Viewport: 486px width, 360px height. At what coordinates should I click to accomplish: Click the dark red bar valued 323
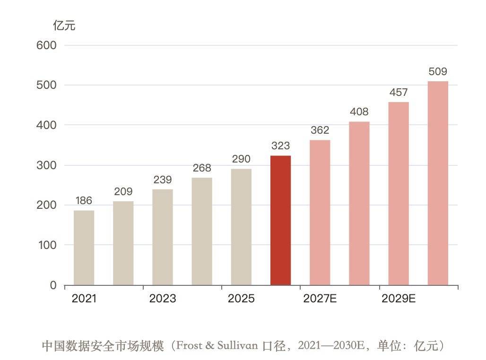pos(280,220)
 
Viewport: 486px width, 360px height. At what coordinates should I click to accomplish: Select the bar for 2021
pos(84,248)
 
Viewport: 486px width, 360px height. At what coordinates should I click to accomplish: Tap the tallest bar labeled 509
pos(438,183)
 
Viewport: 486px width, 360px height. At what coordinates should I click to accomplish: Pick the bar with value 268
pos(202,231)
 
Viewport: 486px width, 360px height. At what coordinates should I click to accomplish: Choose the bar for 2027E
pos(320,213)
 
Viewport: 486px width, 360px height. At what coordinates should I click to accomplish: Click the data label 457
pos(399,92)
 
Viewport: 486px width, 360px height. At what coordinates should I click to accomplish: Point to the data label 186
pos(84,200)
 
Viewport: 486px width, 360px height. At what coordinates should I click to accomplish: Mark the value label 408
pos(359,111)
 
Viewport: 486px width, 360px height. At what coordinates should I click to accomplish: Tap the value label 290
pos(241,159)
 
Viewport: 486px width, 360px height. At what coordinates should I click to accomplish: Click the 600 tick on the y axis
pos(46,45)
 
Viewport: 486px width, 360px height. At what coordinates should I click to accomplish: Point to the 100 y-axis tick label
pos(47,245)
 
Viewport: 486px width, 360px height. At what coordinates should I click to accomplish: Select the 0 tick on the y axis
pos(53,285)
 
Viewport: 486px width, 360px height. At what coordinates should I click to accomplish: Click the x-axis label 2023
pos(163,299)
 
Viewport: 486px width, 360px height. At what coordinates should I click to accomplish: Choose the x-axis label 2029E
pos(399,299)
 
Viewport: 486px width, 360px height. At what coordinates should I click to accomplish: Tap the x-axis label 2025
pos(241,299)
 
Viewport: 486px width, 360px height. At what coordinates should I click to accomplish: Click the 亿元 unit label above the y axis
pos(64,26)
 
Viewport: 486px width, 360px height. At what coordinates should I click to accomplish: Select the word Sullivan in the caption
pos(237,345)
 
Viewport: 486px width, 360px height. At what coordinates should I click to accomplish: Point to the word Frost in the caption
pos(189,345)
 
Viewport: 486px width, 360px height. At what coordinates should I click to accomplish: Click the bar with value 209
pos(123,243)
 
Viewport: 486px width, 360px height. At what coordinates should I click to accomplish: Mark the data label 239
pos(163,180)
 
